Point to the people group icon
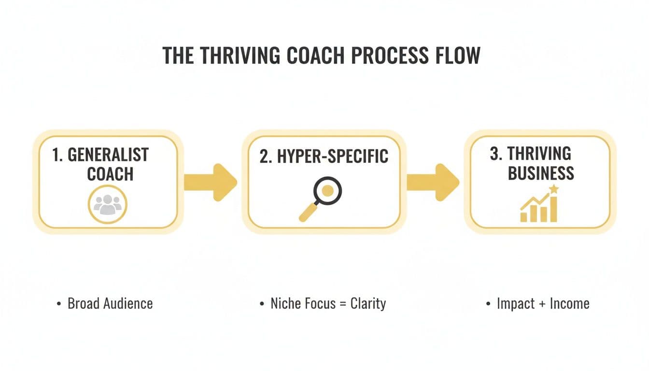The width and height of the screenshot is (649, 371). [107, 204]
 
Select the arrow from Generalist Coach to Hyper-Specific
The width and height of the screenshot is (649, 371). [211, 182]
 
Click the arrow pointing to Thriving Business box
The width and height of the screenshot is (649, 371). [433, 182]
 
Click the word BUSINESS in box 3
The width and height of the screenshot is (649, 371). [541, 173]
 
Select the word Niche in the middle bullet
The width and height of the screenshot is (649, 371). [285, 304]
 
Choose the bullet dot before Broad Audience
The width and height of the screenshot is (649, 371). [58, 304]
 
